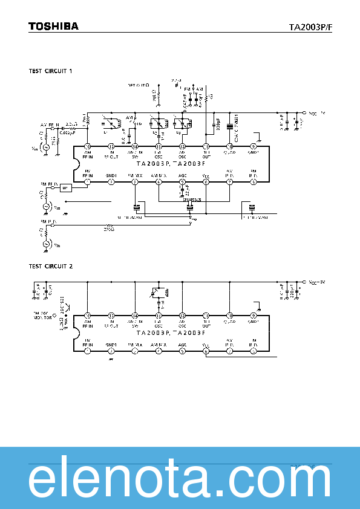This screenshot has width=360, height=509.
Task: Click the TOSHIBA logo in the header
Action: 53,26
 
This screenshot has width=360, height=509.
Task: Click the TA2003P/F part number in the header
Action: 310,27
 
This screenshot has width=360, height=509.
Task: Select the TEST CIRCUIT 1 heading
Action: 50,71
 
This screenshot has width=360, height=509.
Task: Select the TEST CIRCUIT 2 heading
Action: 50,266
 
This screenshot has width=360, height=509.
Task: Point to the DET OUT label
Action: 137,85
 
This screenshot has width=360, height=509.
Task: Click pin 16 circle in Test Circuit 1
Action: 87,146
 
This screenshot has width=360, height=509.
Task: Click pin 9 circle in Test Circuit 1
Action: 254,146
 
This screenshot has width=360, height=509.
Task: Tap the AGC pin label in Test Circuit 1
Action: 182,175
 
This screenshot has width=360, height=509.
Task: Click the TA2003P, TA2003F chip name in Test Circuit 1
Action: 171,164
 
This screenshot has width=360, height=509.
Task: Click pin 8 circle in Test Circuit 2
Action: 254,351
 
